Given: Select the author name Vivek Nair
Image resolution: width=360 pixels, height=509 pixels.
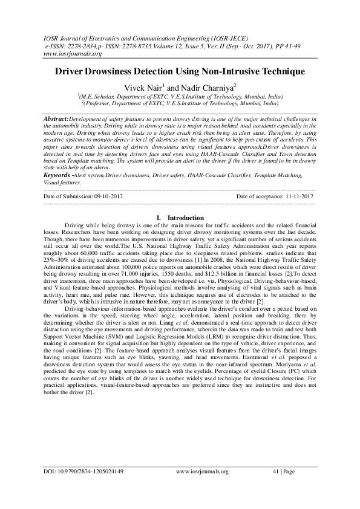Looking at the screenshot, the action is click(x=143, y=88).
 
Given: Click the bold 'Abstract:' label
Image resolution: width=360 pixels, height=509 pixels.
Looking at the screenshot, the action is click(x=57, y=119).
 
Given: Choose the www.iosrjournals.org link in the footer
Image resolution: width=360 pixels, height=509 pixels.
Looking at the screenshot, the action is click(x=202, y=471).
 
